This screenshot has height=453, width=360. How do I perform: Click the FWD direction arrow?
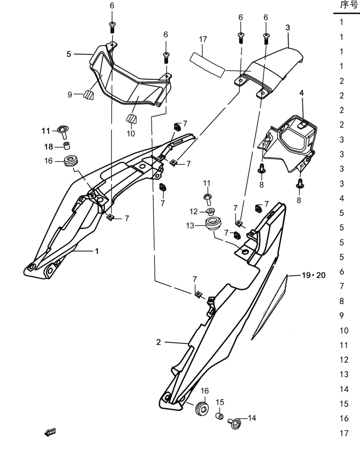tap(50, 432)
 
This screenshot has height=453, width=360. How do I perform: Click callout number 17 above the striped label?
tap(203, 39)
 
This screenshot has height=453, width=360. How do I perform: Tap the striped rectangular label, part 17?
tap(207, 65)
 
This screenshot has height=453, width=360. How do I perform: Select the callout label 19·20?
tap(313, 275)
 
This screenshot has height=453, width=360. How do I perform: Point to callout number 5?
tap(69, 54)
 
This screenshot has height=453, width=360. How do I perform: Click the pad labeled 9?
tap(89, 95)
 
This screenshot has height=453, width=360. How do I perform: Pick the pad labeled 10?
tap(131, 119)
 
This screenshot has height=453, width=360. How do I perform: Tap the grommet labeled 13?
tap(213, 224)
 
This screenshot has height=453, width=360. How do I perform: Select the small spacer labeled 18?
tap(67, 145)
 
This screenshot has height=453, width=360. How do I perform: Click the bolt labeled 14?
tap(234, 423)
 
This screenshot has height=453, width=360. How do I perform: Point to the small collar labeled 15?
tap(220, 416)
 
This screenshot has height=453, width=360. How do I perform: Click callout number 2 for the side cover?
tap(158, 342)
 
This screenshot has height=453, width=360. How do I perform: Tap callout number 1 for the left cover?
tap(97, 251)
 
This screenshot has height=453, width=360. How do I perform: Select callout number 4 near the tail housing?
tap(302, 93)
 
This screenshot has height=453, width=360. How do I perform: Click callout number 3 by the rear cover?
tap(288, 28)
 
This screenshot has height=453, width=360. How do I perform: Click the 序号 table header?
tap(349, 5)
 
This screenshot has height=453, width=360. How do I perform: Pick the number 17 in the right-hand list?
tap(344, 433)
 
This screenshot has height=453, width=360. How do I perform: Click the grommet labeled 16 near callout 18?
tap(70, 161)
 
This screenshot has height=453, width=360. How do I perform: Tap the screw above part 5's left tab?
tap(112, 28)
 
